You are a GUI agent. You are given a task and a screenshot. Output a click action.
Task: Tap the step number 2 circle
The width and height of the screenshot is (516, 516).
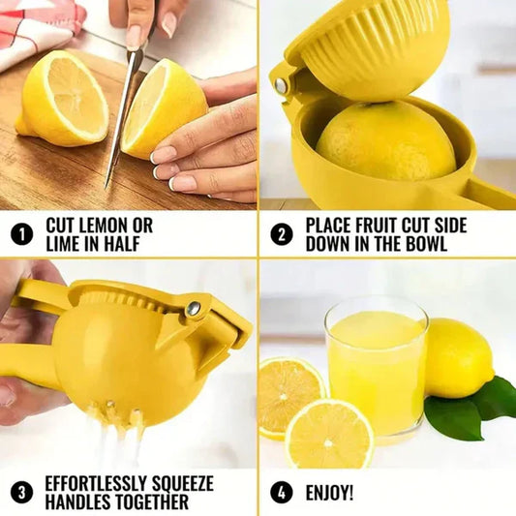[x=281, y=234]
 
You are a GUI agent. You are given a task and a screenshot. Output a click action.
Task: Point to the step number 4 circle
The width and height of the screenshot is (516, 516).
[x=281, y=492]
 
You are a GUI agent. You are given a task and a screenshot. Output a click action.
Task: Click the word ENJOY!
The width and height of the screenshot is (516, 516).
[x=329, y=493]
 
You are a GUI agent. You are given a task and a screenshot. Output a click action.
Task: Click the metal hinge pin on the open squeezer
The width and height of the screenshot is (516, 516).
[x=281, y=85]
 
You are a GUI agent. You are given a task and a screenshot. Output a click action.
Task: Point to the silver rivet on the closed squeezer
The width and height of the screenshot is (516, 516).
[x=194, y=308]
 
